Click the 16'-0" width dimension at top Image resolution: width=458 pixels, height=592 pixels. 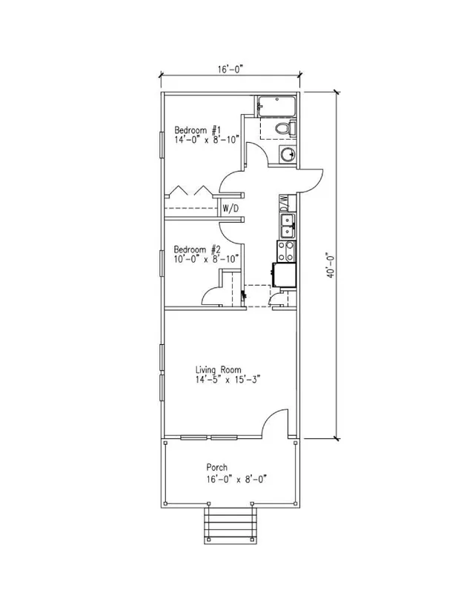(x=230, y=70)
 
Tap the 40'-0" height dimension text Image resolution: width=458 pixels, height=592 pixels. (x=331, y=265)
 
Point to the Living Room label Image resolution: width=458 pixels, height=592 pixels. (x=218, y=369)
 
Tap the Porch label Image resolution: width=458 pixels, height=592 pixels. (x=216, y=468)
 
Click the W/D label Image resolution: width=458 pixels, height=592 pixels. (x=230, y=208)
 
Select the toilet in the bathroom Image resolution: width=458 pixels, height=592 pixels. (x=285, y=128)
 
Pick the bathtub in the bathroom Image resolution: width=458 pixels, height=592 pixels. (x=276, y=107)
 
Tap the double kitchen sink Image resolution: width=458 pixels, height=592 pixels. (x=288, y=226)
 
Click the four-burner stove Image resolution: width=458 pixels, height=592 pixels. (x=286, y=251)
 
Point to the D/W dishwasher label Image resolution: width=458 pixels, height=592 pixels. (x=284, y=203)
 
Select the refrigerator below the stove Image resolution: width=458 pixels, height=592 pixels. (x=284, y=275)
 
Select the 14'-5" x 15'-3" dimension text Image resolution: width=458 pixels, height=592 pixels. (x=228, y=380)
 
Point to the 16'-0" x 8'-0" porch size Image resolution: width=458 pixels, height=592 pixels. (x=236, y=480)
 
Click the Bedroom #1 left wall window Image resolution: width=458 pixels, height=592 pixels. (x=162, y=144)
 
